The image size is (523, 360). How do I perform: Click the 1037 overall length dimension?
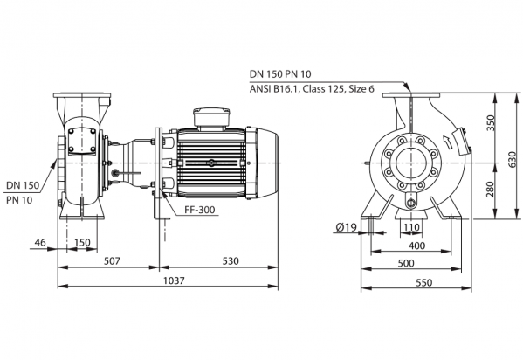[x=174, y=280]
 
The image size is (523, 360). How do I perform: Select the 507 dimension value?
[x=112, y=260]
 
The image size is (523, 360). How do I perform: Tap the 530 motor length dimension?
[x=231, y=260]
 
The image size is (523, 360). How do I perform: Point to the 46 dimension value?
[x=40, y=242]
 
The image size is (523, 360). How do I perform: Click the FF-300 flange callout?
[x=199, y=210]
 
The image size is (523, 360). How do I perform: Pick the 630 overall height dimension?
[x=513, y=160]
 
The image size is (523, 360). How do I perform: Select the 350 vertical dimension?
[x=490, y=123]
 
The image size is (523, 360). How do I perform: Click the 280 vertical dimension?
[x=490, y=189]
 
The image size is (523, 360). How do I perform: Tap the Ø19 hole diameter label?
[x=347, y=227]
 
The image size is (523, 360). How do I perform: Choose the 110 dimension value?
[x=411, y=227]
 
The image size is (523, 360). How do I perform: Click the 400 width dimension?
[x=416, y=246]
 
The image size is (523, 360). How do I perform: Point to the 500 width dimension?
[x=406, y=263]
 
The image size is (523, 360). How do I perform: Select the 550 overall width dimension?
[x=424, y=282]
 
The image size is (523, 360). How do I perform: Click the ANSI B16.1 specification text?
[x=312, y=89]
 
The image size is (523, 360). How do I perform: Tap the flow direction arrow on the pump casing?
[x=447, y=142]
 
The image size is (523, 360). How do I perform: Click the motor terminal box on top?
[x=211, y=118]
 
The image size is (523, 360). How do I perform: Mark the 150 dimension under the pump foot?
[x=82, y=242]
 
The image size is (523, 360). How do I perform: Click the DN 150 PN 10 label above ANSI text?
[x=280, y=73]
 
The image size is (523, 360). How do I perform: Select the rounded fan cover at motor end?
[x=268, y=163]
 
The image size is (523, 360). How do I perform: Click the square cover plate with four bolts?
[x=82, y=141]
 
